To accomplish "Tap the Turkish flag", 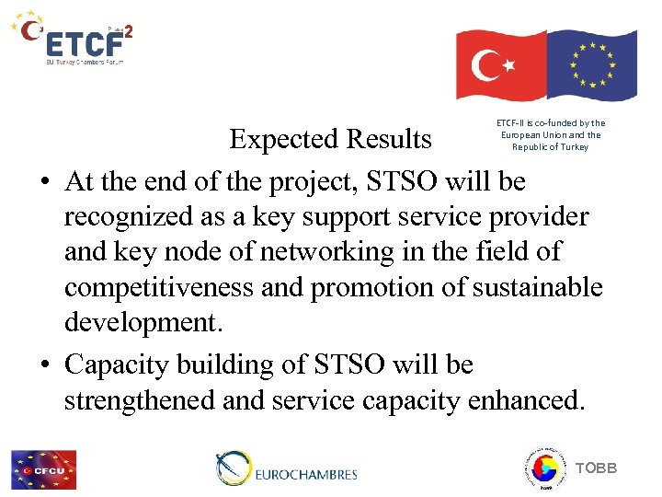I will [x=501, y=64].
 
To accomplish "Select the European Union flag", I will [x=591, y=64].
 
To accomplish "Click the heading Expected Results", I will [x=330, y=139].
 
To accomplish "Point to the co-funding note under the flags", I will [x=551, y=134].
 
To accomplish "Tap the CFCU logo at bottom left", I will [x=43, y=469].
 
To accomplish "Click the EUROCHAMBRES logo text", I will [x=304, y=475].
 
